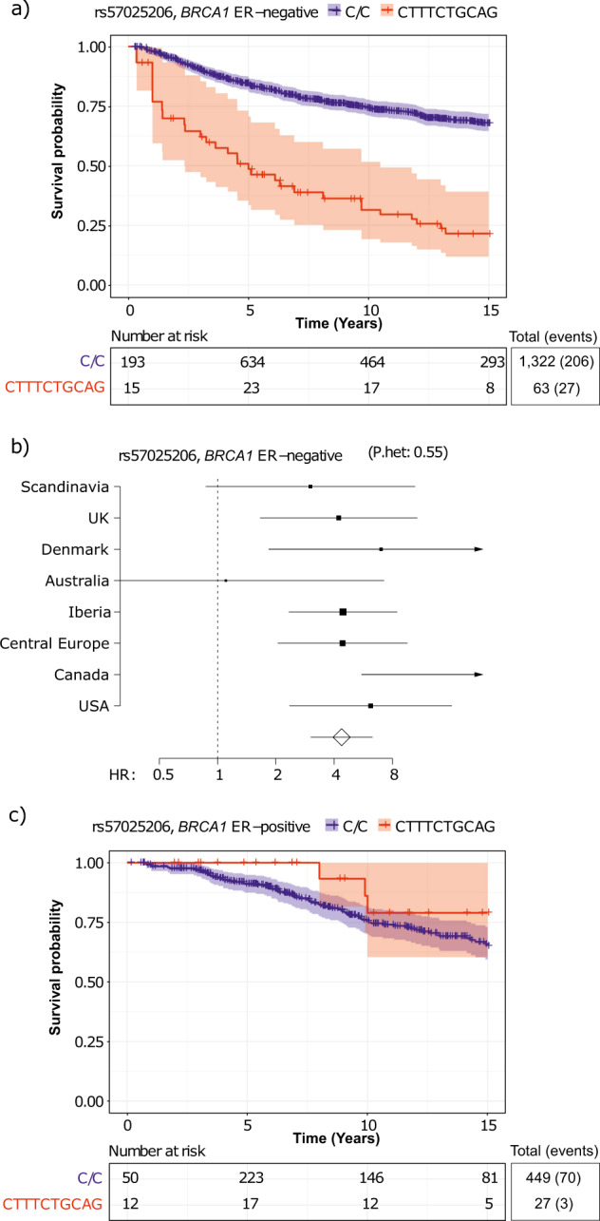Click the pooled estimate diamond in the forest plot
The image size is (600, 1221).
[x=342, y=736]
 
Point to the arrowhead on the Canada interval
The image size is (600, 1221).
[x=479, y=675]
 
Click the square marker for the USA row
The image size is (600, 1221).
[x=370, y=706]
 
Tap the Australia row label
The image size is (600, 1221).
[x=76, y=581]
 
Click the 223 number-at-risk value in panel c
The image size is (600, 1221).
[x=249, y=1176]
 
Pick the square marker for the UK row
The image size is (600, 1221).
[x=339, y=518]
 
